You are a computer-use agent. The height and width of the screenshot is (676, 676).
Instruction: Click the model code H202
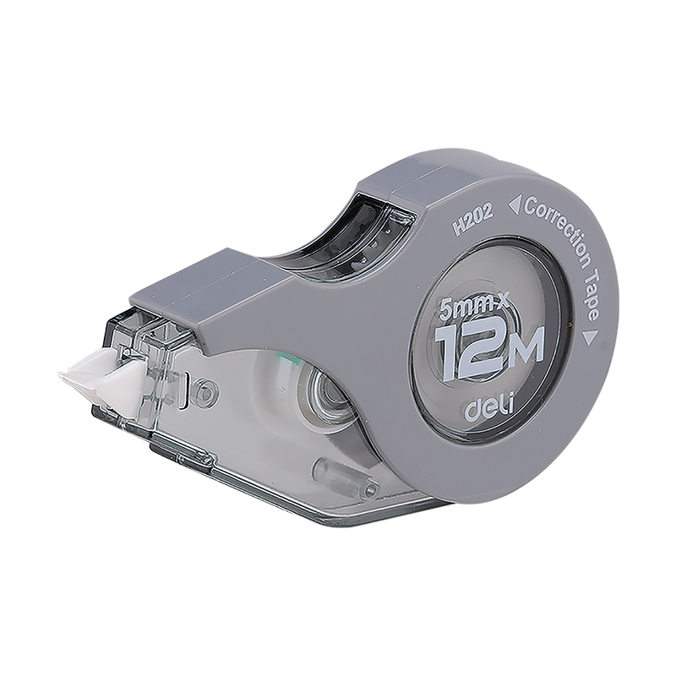472,222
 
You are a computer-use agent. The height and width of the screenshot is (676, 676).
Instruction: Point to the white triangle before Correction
515,204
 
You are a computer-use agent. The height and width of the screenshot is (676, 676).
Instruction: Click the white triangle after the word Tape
587,337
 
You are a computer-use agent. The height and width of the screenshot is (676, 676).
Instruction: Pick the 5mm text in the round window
467,307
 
